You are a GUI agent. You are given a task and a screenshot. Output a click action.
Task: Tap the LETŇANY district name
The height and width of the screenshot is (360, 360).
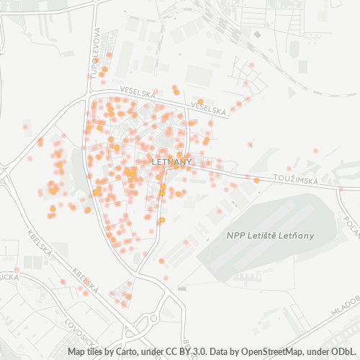tap(171, 163)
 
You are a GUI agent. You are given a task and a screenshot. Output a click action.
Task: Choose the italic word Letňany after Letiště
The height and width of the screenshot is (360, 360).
tap(297, 235)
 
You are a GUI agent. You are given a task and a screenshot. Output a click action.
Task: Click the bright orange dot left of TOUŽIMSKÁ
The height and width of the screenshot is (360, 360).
tap(256, 180)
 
